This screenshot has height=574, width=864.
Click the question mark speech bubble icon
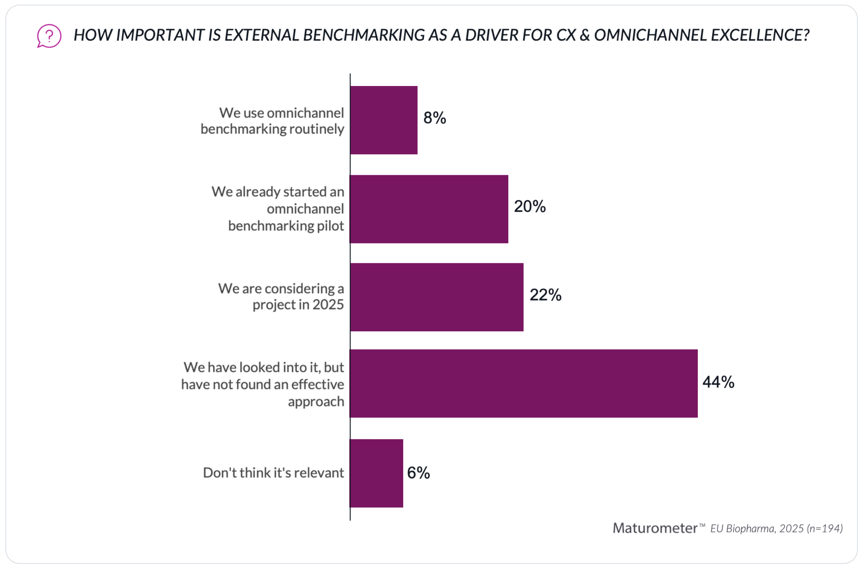coord(49,36)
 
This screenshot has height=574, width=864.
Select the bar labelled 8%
coord(384,120)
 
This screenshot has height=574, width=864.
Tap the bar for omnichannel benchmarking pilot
coord(429,209)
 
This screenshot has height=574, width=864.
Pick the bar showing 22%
coord(437,297)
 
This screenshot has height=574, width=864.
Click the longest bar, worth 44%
coord(524,384)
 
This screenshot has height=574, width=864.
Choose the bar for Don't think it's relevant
coord(376,473)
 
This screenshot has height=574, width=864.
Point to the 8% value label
coord(435,118)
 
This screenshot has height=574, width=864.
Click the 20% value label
coord(530,206)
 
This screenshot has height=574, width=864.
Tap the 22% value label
coord(545,295)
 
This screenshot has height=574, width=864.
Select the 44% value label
coord(718,382)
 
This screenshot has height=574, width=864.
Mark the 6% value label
coord(418,473)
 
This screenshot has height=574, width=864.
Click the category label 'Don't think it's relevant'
coord(273,473)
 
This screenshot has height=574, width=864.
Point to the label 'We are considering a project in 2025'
coord(281,296)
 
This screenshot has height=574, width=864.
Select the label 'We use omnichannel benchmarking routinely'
coord(272,121)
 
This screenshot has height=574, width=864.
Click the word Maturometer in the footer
coord(655,528)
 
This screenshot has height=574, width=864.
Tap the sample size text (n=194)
coord(825,528)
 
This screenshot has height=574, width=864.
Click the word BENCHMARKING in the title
coord(364,35)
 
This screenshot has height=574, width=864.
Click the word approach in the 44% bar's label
coord(316,401)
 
